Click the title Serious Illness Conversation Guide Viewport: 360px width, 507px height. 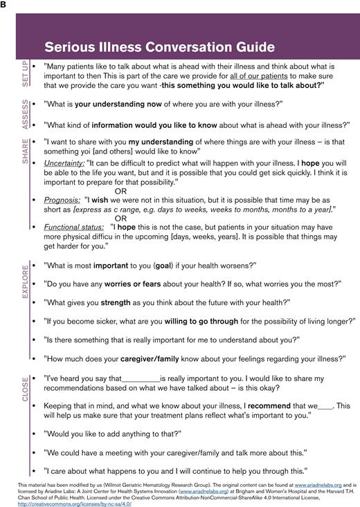pos(159,48)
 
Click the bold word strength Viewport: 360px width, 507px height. pos(116,302)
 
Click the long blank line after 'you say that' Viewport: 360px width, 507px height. pos(140,379)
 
